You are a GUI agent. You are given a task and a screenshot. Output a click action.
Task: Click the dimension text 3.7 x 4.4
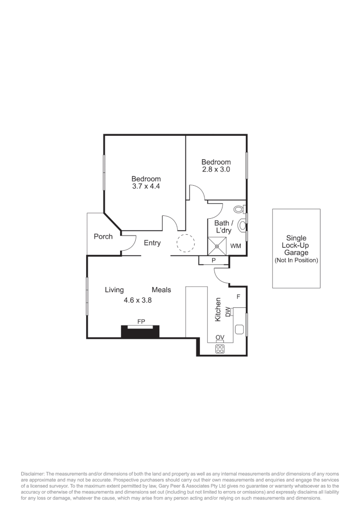146,187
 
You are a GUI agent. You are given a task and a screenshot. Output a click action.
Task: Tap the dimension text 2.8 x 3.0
216,170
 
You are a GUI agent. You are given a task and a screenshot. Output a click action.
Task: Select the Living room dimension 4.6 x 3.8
138,299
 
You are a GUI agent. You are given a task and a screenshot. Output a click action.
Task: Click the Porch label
103,236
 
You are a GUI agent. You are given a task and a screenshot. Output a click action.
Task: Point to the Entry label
152,243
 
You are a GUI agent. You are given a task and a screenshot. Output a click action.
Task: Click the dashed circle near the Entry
185,244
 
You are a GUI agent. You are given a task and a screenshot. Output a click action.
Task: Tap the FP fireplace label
140,321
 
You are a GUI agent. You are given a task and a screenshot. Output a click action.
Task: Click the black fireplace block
140,332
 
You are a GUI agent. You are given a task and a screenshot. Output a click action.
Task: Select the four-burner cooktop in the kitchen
220,349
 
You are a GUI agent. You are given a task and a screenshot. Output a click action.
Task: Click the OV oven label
220,337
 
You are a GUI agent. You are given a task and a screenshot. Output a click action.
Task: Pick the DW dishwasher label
228,312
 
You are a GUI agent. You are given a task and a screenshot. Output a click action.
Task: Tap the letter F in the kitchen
238,296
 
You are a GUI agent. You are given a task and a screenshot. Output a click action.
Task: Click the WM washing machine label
236,246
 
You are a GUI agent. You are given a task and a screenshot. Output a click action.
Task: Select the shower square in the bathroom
217,246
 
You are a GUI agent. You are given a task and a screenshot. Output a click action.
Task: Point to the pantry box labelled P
213,260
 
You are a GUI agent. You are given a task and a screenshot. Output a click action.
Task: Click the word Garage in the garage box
296,253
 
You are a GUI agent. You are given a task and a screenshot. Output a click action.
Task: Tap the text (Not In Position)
296,260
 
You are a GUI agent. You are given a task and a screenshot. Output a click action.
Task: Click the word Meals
161,290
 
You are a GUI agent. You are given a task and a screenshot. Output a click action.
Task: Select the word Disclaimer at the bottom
33,473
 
